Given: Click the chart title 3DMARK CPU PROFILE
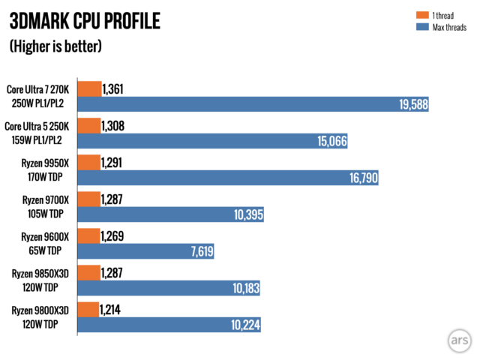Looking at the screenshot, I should tap(85, 21).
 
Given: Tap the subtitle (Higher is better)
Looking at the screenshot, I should tap(55, 46).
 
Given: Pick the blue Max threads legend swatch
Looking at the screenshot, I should tap(419, 28).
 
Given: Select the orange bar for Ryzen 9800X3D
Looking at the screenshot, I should tap(88, 310).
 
